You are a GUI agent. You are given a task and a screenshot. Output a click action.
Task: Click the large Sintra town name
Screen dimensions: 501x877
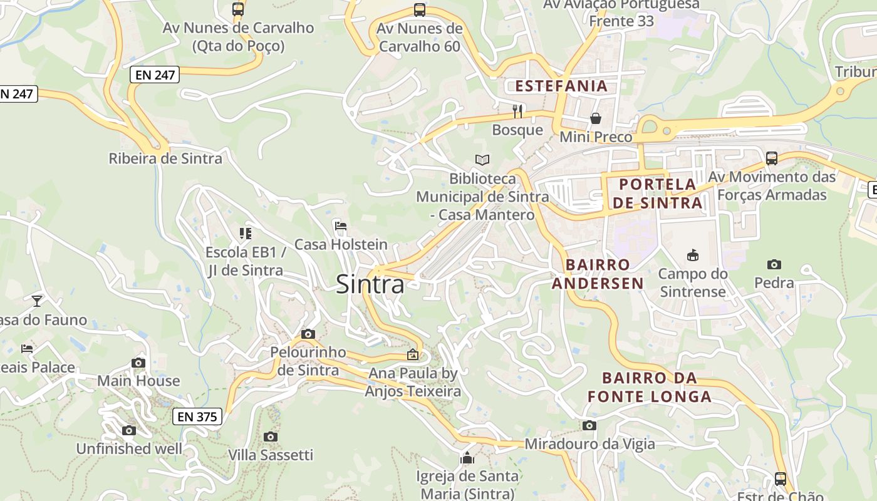pyautogui.click(x=370, y=284)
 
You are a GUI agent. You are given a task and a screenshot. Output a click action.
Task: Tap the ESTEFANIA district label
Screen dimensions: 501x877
pyautogui.click(x=561, y=86)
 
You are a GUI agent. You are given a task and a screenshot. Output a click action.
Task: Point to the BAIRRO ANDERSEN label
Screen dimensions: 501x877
pyautogui.click(x=598, y=274)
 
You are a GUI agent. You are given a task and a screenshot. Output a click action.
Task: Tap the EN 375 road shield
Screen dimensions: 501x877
pyautogui.click(x=197, y=416)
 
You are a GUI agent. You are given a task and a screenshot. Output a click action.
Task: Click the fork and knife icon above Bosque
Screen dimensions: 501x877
pyautogui.click(x=517, y=111)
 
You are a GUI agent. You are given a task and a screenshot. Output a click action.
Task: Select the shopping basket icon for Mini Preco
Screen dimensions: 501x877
pyautogui.click(x=596, y=118)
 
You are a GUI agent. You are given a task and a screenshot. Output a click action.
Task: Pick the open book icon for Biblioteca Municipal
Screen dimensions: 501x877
pyautogui.click(x=482, y=160)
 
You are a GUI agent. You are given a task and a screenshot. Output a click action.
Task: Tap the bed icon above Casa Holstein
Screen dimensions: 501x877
pyautogui.click(x=341, y=225)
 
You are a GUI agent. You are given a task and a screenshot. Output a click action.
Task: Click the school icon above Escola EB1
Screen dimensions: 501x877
pyautogui.click(x=245, y=234)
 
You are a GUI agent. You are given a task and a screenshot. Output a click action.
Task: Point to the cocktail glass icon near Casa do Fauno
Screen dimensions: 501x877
pyautogui.click(x=37, y=301)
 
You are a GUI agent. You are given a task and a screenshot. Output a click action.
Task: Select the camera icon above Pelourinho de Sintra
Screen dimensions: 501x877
pyautogui.click(x=308, y=334)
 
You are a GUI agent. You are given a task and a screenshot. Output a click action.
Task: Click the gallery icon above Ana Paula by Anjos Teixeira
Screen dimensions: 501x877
pyautogui.click(x=413, y=355)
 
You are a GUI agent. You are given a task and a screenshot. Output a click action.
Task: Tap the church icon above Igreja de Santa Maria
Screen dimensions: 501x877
pyautogui.click(x=467, y=458)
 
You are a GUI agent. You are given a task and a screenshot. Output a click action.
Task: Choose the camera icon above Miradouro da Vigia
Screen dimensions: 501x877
pyautogui.click(x=589, y=426)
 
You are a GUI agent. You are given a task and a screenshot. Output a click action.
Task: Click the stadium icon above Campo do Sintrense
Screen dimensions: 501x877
pyautogui.click(x=693, y=255)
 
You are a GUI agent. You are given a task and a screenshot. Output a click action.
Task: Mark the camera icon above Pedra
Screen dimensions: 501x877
pyautogui.click(x=774, y=264)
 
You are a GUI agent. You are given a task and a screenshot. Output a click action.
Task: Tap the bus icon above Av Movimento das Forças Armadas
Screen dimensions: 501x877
pyautogui.click(x=772, y=158)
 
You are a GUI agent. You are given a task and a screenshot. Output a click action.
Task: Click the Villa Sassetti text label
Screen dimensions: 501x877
pyautogui.click(x=271, y=455)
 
